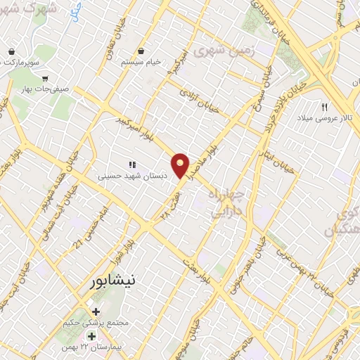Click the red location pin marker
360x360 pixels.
(x=181, y=164)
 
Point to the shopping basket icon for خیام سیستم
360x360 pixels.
(x=141, y=51)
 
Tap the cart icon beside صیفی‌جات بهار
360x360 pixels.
(x=45, y=79)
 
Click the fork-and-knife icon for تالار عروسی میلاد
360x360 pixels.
(x=324, y=107)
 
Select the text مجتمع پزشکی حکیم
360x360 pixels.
(x=96, y=323)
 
